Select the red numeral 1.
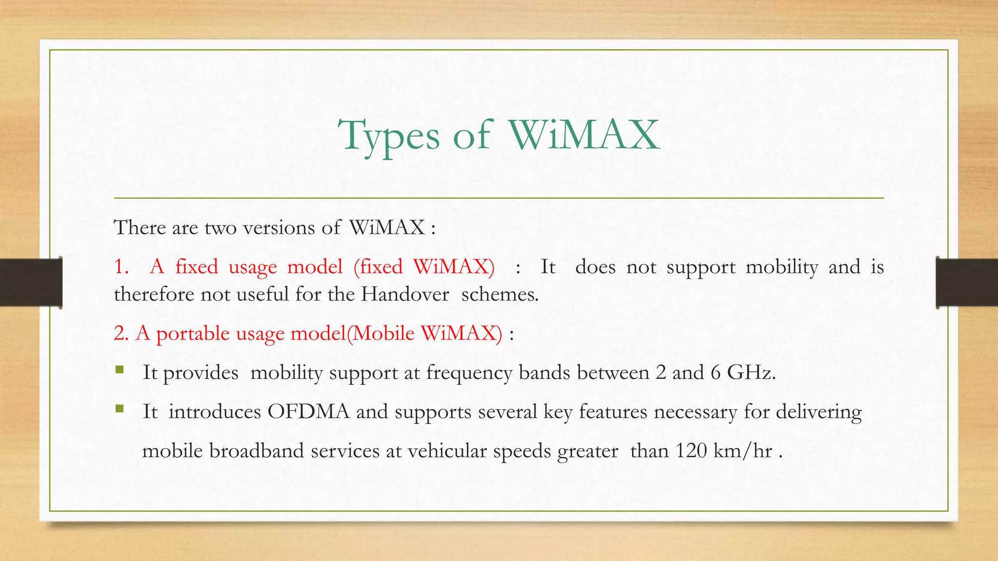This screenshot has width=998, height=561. pyautogui.click(x=121, y=267)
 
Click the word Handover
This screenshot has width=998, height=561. pyautogui.click(x=404, y=294)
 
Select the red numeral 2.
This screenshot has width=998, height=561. pyautogui.click(x=121, y=334)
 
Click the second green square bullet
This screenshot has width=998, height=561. pyautogui.click(x=120, y=409)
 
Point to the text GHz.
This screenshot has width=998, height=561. pyautogui.click(x=750, y=373)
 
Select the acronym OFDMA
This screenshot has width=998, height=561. pyautogui.click(x=308, y=411)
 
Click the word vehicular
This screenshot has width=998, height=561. pyautogui.click(x=447, y=451)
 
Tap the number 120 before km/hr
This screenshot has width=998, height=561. pyautogui.click(x=691, y=450)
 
